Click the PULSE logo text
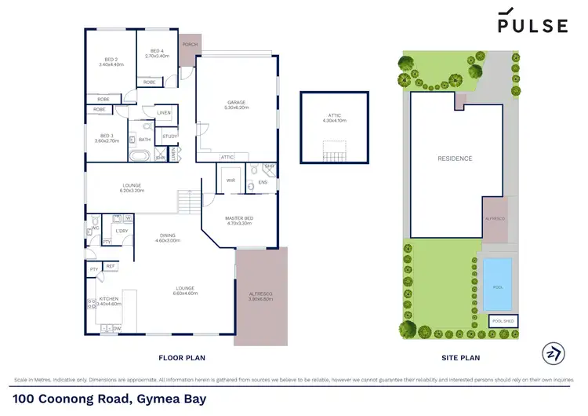(532, 25)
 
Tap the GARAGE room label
(235, 104)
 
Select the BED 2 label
(111, 61)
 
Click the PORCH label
(189, 45)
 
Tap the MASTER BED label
(238, 221)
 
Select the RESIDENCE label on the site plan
(455, 159)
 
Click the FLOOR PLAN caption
(182, 358)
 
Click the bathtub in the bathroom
(139, 156)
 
